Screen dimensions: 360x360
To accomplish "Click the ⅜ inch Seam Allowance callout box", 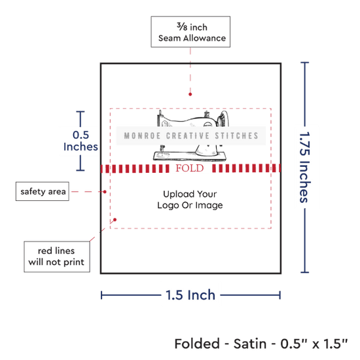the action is pyautogui.click(x=190, y=32).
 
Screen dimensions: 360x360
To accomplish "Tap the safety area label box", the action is pyautogui.click(x=43, y=191).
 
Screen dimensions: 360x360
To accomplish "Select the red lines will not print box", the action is pyautogui.click(x=57, y=257).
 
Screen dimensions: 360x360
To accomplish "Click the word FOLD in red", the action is pyautogui.click(x=190, y=168).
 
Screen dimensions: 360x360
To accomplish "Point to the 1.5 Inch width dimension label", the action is pyautogui.click(x=190, y=295).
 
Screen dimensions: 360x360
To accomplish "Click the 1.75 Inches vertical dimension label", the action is pyautogui.click(x=305, y=168).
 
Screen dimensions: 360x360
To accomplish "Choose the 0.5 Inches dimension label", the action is pyautogui.click(x=81, y=141).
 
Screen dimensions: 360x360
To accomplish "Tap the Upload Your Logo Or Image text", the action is pyautogui.click(x=190, y=200).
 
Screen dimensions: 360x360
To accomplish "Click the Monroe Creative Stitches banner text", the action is pyautogui.click(x=191, y=135).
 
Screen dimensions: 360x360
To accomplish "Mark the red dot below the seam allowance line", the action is pyautogui.click(x=190, y=94).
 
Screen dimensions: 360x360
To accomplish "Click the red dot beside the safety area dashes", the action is pyautogui.click(x=105, y=192).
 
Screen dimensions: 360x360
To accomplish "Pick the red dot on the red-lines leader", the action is pyautogui.click(x=115, y=220).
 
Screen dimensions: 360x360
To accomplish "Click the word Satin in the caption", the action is pyautogui.click(x=250, y=344).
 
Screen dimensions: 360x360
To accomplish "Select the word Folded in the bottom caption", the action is pyautogui.click(x=197, y=344).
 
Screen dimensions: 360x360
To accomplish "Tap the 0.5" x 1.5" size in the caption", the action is pyautogui.click(x=314, y=344).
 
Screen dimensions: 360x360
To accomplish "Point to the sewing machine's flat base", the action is pyautogui.click(x=190, y=156).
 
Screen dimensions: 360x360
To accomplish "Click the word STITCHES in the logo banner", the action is pyautogui.click(x=237, y=135).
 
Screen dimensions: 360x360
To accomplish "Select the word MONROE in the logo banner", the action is pyautogui.click(x=142, y=135).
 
